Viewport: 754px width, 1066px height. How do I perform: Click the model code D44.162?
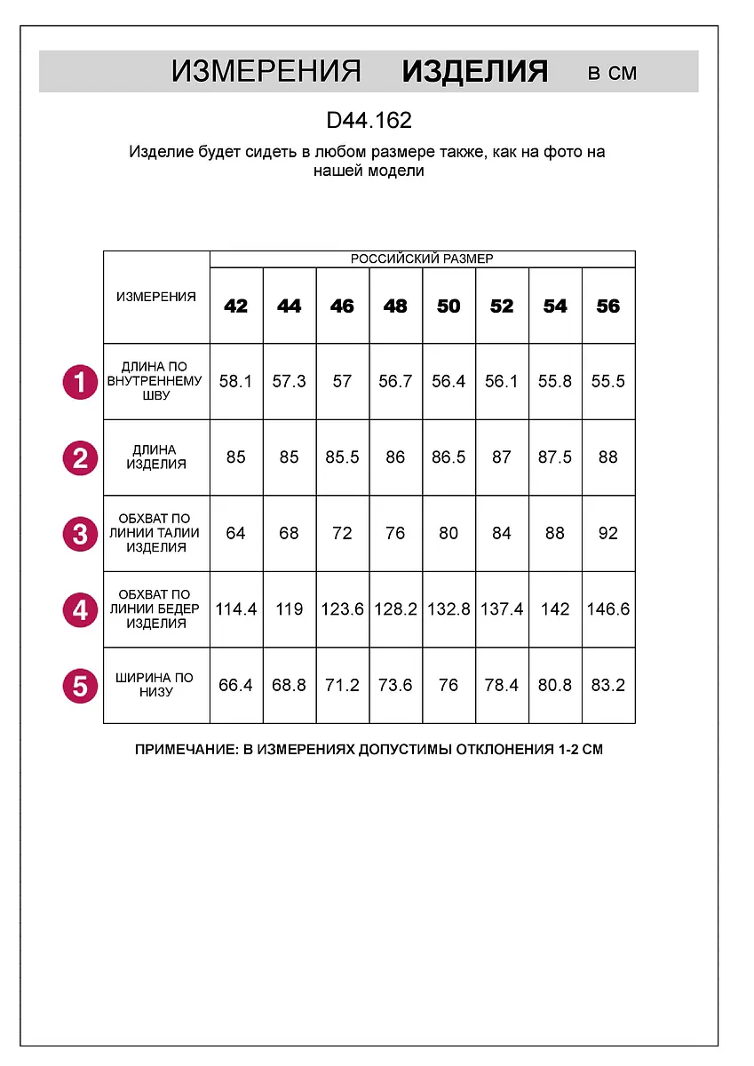[369, 121]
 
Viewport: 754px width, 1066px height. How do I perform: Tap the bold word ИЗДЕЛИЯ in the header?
[475, 71]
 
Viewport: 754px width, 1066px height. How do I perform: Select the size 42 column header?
[236, 306]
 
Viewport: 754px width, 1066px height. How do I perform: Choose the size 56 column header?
[608, 306]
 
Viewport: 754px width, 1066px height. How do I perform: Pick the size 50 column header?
[448, 306]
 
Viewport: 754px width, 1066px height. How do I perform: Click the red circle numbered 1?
[80, 382]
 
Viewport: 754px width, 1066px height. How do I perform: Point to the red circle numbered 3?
[80, 534]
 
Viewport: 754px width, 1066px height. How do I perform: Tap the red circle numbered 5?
[80, 686]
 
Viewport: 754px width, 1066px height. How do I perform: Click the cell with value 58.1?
[236, 381]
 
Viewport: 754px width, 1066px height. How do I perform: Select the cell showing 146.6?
[608, 609]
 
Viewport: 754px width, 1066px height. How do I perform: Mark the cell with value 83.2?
[608, 685]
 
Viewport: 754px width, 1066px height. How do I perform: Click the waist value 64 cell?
[236, 534]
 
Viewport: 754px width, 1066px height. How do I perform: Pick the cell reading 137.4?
[502, 609]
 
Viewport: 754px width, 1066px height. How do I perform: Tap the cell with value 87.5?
[555, 457]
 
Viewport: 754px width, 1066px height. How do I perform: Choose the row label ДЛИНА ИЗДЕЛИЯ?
[156, 457]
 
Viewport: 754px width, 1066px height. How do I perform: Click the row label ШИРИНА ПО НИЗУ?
[156, 685]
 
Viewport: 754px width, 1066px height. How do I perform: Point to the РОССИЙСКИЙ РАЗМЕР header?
[422, 259]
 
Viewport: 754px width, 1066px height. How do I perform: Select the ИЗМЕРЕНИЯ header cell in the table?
[156, 297]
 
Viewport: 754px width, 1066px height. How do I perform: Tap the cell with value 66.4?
[236, 685]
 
